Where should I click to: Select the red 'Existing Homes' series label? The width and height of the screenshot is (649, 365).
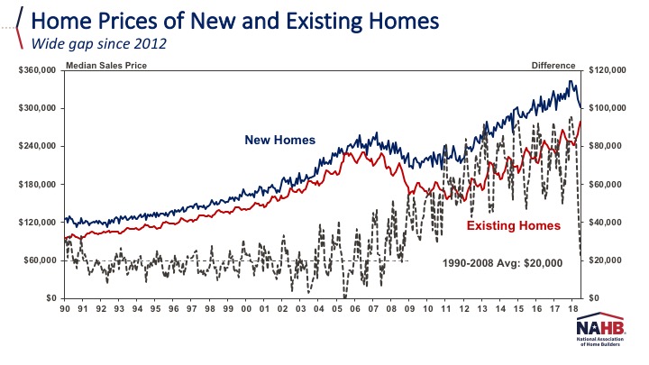tap(513, 224)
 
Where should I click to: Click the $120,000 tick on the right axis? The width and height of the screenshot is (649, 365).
tap(607, 70)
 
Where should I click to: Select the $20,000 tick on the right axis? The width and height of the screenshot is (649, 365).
tap(604, 260)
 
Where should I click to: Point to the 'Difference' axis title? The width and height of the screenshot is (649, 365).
tap(553, 65)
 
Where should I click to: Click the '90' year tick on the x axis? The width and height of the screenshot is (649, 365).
tap(66, 309)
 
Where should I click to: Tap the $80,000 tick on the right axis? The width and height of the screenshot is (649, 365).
tap(604, 146)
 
